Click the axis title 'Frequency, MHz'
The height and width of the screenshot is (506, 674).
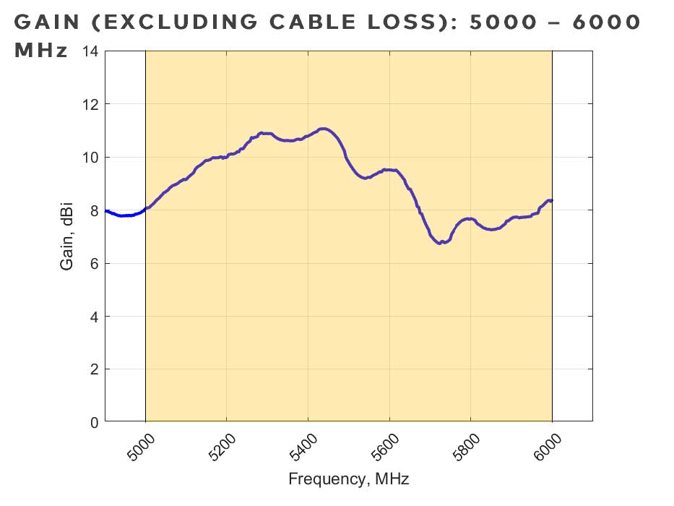click(349, 479)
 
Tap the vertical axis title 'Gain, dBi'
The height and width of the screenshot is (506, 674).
click(67, 236)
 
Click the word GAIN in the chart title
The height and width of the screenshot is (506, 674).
click(48, 22)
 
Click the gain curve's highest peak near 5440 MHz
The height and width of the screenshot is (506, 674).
click(323, 129)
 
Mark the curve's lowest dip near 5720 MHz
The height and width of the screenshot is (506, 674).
click(440, 243)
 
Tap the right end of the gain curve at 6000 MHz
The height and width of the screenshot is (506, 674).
click(551, 200)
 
